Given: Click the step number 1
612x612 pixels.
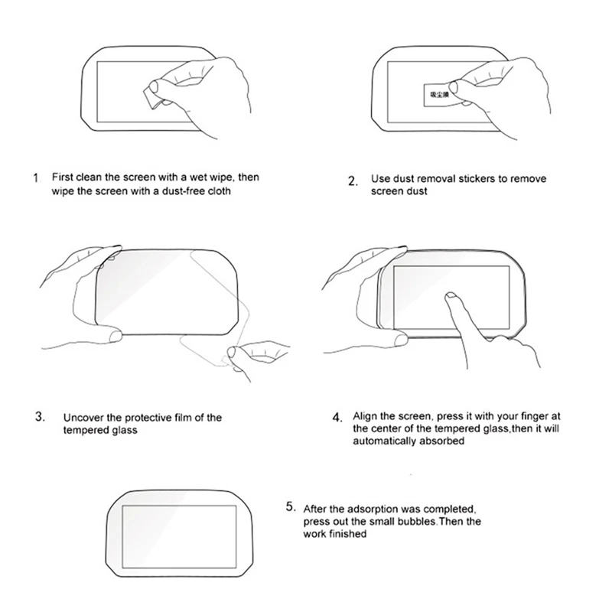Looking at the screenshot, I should pos(36,178).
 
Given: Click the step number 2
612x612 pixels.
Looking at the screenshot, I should pos(352,181).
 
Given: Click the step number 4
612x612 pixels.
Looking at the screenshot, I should pos(337,418).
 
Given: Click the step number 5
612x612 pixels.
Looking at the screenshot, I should pos(290,506).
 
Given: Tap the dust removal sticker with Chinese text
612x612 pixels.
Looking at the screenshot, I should pos(433,95).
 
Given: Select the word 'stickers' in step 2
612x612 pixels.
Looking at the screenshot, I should pos(470,179).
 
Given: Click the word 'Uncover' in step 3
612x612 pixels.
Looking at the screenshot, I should pos(83,418).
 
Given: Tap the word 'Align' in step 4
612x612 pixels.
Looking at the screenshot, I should pos(365,416).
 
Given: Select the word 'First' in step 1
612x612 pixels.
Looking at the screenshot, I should pos(63,177).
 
